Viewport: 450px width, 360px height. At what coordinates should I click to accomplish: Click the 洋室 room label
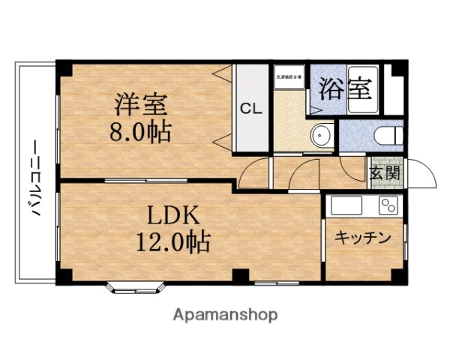[x=140, y=103]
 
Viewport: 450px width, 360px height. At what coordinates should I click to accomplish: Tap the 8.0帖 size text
[x=140, y=133]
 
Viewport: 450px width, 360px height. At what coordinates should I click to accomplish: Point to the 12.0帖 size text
[x=172, y=242]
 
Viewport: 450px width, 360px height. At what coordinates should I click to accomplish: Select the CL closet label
[x=250, y=107]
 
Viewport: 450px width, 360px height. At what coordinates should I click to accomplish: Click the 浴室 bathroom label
[x=346, y=88]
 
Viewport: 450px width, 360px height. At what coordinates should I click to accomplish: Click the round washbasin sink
[x=322, y=136]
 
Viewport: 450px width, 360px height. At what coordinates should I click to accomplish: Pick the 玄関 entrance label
[x=385, y=172]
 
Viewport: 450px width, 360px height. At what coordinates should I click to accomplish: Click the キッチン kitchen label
[x=362, y=238]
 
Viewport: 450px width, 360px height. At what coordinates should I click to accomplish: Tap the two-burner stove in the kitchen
[x=388, y=205]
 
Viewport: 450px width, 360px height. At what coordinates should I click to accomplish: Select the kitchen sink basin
[x=347, y=205]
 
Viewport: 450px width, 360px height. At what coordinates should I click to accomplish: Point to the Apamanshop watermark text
[x=225, y=315]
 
